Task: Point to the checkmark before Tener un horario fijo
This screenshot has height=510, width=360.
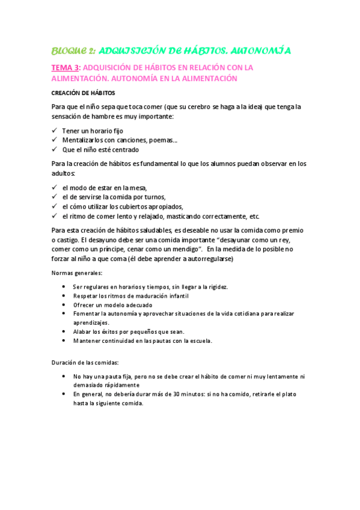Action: tap(55, 131)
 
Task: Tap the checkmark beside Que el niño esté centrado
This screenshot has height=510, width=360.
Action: tap(55, 150)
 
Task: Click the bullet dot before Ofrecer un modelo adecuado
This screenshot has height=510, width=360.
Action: tap(64, 305)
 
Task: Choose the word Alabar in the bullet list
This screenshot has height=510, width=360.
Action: tap(82, 332)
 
